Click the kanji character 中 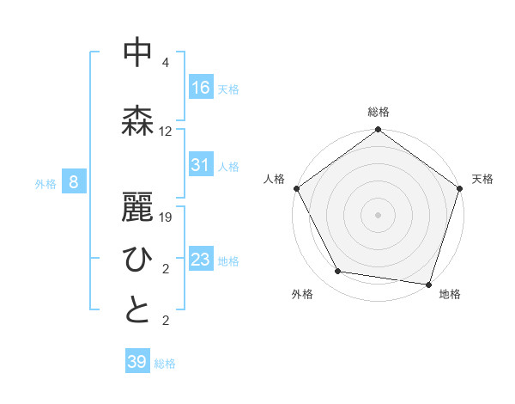tap(137, 52)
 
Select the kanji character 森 tap(137, 120)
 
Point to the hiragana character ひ tap(137, 259)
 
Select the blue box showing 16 tap(201, 88)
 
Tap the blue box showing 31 tap(201, 166)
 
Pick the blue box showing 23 tap(201, 260)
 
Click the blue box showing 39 tap(137, 363)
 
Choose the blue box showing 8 tap(75, 182)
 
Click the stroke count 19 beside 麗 tap(166, 217)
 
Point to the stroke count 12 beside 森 tap(166, 132)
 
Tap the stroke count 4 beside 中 tap(166, 63)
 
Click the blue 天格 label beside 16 tap(228, 89)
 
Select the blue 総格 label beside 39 tap(165, 364)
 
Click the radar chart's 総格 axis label tap(379, 112)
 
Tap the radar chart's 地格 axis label tap(450, 294)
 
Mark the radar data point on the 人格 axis tap(297, 188)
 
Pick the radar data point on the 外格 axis tap(338, 272)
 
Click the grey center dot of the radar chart tap(379, 214)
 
